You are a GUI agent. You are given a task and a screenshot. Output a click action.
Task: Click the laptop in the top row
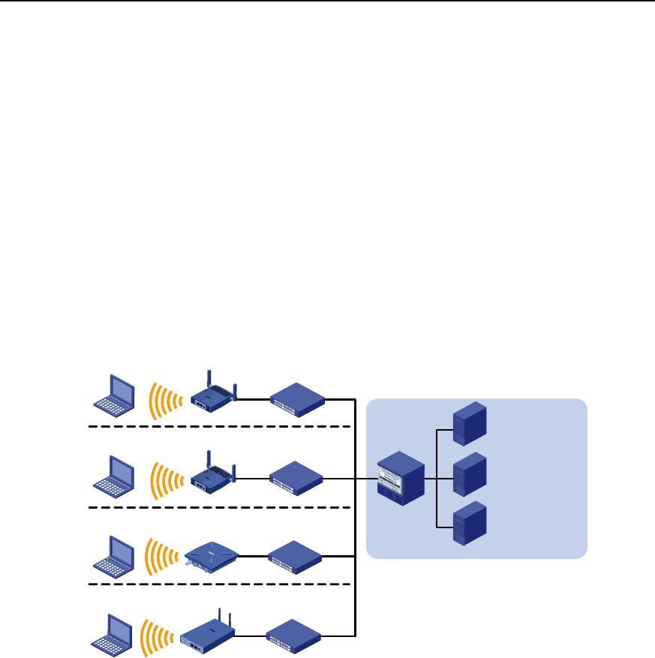(x=114, y=394)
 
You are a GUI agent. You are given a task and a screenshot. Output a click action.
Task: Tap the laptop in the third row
(x=114, y=556)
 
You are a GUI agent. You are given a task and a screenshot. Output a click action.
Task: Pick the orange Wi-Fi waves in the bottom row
(x=159, y=635)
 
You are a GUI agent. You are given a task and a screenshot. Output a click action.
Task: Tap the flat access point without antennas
(x=211, y=557)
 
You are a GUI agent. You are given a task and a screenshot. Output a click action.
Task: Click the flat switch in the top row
(x=297, y=398)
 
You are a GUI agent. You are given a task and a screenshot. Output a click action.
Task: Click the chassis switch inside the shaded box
(x=401, y=479)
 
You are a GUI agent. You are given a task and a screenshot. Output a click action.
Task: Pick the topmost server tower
(x=470, y=422)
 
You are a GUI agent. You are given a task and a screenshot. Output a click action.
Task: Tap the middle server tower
(x=470, y=473)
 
